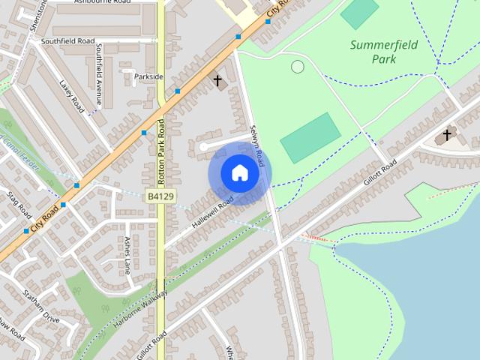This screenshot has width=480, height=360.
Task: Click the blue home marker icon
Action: (239, 173)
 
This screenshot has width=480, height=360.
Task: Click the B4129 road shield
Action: (160, 196)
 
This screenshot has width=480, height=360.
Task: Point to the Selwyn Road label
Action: (257, 145)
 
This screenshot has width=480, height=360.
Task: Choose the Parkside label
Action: (148, 76)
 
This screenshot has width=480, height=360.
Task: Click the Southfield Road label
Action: (68, 40)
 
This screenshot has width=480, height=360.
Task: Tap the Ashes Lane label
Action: (127, 255)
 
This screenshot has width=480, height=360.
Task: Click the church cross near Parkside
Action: (217, 80)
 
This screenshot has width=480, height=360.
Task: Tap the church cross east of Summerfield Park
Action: (447, 135)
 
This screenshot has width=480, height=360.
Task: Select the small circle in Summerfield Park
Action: (297, 67)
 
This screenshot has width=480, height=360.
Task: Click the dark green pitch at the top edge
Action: (360, 11)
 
